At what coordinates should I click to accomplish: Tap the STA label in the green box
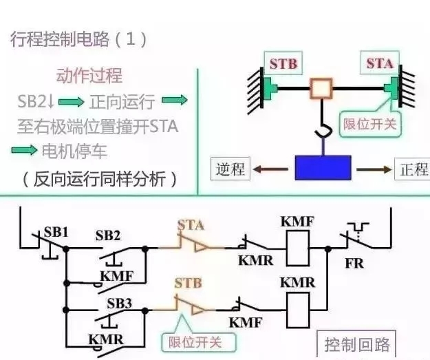tap(379, 64)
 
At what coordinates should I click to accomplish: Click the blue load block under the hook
tap(323, 167)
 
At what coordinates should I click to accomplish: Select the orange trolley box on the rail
tap(321, 89)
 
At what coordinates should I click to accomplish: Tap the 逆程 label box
tap(230, 169)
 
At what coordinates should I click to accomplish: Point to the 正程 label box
tap(412, 169)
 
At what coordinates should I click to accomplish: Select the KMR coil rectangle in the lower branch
tap(297, 306)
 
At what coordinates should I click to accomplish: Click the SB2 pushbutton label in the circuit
tap(108, 236)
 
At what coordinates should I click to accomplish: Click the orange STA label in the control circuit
tap(191, 224)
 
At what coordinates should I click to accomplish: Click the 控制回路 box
tap(356, 344)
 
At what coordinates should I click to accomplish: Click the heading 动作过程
tap(89, 75)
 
